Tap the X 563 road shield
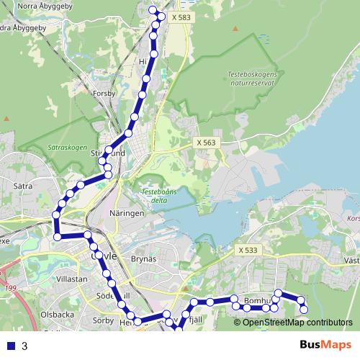pos(206,143)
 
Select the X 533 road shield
pos(247,250)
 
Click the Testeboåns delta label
pos(160,195)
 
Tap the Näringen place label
pos(127,214)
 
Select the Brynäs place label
pos(144,258)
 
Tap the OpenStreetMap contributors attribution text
pos(297,323)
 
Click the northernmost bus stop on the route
pos(152,9)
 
